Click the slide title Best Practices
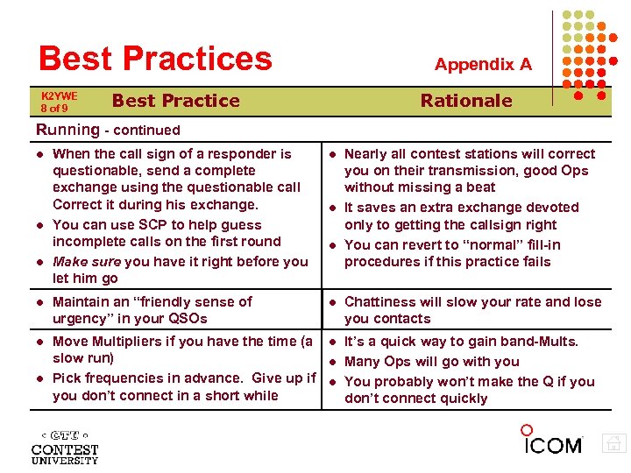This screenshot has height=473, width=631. [x=155, y=59]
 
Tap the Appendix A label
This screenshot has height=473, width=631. [x=483, y=64]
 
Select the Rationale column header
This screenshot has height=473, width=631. [x=465, y=100]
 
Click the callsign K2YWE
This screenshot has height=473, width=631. [x=60, y=95]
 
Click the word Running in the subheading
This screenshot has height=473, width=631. [x=67, y=130]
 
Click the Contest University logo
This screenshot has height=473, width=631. [x=64, y=446]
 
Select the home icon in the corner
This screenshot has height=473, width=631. [x=615, y=444]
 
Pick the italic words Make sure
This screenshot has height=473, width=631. [x=87, y=261]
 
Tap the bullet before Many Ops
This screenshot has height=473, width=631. [x=333, y=362]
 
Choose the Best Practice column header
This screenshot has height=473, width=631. [x=175, y=100]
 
